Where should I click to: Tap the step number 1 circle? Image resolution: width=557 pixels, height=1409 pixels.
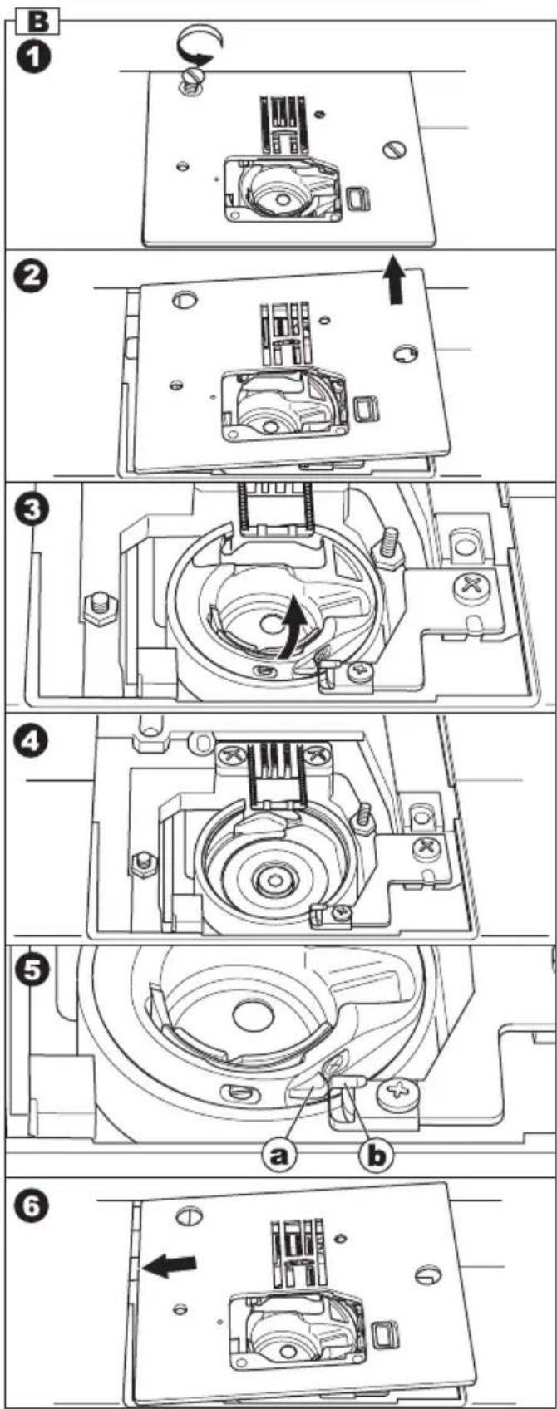point(32,58)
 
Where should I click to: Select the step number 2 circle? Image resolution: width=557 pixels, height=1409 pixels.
point(32,276)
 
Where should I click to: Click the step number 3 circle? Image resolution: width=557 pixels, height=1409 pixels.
point(32,509)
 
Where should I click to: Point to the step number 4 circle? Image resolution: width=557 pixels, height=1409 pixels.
point(32,742)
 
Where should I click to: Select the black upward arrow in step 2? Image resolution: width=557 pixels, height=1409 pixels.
point(394,281)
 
